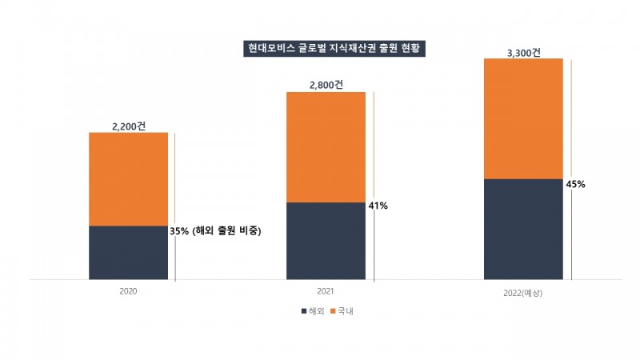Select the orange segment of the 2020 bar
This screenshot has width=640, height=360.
coord(128,179)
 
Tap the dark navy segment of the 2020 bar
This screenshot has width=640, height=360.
coord(128,253)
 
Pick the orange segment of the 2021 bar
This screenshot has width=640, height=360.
coord(326,147)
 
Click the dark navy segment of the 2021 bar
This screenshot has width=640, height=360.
coord(326,241)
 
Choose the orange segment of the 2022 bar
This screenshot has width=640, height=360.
coord(523,118)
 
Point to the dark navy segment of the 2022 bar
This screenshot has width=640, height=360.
coord(523,229)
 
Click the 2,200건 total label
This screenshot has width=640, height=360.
coord(128,125)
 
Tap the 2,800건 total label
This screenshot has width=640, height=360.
coord(326,84)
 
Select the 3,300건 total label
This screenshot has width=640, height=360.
coord(524,53)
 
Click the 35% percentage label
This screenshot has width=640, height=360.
coord(179,231)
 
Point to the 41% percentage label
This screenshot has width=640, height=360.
coord(378,206)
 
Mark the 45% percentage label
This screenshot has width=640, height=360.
coord(575,184)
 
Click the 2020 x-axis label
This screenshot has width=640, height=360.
coord(128,291)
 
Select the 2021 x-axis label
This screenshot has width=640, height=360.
coord(326,291)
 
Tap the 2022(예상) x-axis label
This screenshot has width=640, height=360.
coord(523,294)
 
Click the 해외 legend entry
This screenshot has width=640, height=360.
coord(314,311)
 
